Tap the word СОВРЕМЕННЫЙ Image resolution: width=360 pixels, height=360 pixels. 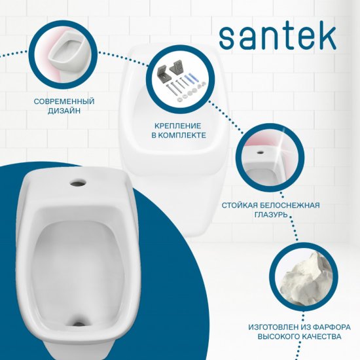coord(63,102)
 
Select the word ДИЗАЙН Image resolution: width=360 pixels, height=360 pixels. coord(63,113)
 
